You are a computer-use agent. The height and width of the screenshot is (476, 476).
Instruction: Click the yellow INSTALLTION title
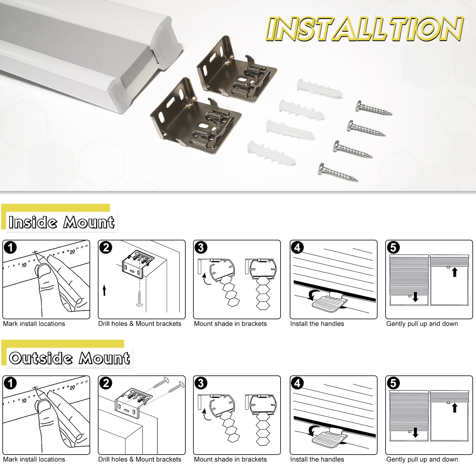[x=364, y=29]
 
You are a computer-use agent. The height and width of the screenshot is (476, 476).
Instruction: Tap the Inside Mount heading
[x=62, y=222]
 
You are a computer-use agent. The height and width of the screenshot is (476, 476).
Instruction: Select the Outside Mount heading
[x=69, y=358]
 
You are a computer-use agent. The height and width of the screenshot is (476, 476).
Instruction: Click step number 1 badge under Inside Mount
[x=10, y=248]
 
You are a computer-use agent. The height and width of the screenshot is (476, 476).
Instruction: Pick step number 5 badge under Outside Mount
[x=393, y=383]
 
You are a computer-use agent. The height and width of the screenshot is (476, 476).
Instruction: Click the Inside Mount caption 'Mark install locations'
[x=34, y=324]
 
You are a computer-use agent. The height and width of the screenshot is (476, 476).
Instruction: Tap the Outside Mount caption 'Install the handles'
[x=317, y=459]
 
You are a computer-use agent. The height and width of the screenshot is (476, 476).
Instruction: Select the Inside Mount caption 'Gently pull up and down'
[x=422, y=324]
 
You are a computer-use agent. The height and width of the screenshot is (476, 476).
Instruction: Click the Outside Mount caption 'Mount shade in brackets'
[x=230, y=459]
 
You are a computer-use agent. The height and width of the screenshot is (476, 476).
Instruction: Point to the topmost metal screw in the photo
[x=374, y=108]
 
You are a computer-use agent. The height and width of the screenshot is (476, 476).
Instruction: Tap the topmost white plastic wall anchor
[x=319, y=88]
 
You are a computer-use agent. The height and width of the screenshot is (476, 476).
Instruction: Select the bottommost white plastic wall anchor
[x=271, y=153]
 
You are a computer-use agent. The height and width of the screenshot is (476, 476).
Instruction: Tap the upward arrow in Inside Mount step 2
[x=104, y=290]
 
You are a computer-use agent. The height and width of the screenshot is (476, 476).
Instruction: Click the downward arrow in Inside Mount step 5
[x=416, y=297]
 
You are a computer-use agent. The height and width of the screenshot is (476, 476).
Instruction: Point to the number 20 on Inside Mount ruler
[x=72, y=252]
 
